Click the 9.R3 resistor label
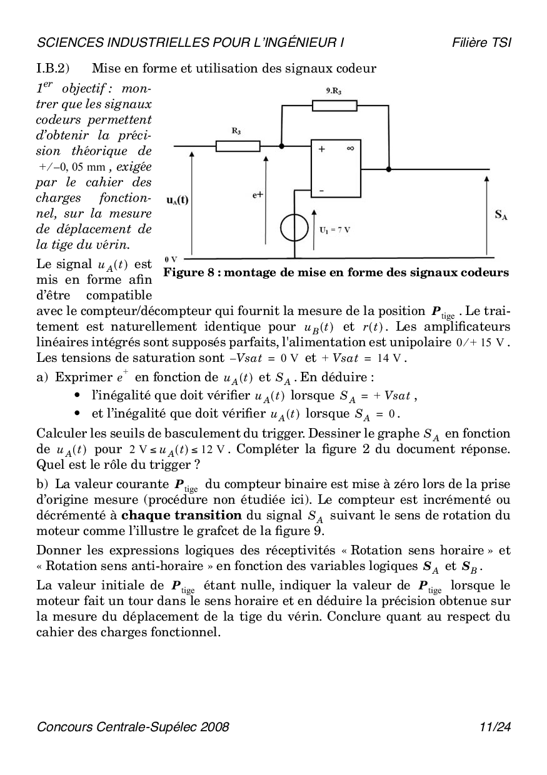click(x=334, y=91)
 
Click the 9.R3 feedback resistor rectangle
click(x=334, y=106)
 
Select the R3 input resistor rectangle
click(x=238, y=146)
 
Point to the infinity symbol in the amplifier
click(x=350, y=149)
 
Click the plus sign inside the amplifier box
click(x=323, y=149)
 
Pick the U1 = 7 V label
click(x=334, y=230)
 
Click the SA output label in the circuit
click(x=501, y=215)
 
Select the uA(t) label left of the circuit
click(x=177, y=200)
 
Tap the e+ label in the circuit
click(x=258, y=195)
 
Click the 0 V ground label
click(x=171, y=259)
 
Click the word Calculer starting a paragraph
click(x=62, y=434)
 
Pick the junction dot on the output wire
click(x=389, y=169)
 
